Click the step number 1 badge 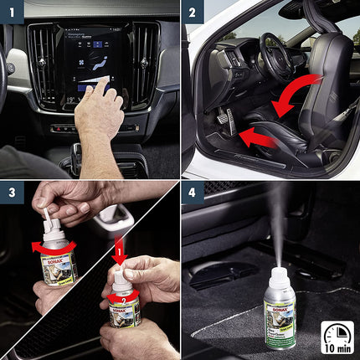tap(13, 13)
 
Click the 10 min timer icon tap(337, 335)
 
